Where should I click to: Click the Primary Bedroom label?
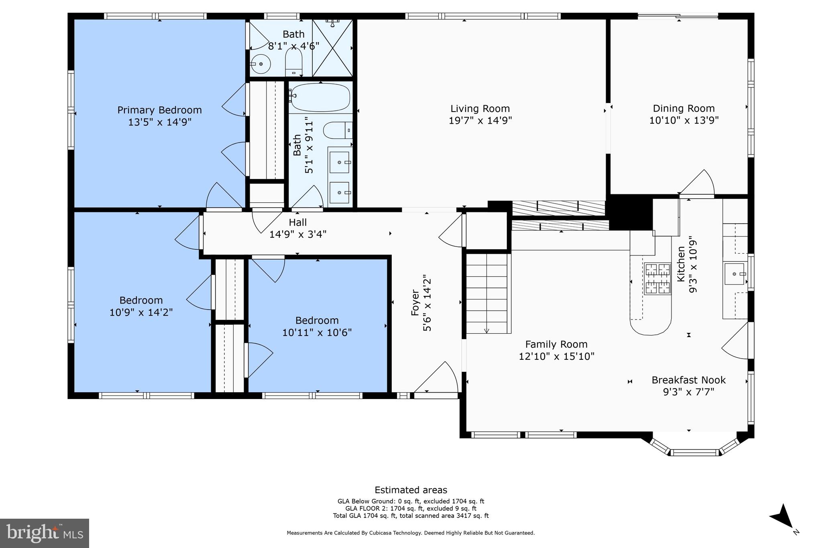tap(159, 110)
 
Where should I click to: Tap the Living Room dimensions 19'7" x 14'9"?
tap(480, 120)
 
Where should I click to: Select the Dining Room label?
tap(684, 108)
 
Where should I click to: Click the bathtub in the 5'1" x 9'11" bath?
tap(320, 98)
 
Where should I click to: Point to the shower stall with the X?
tap(332, 48)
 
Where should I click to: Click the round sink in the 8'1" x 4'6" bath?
tap(261, 64)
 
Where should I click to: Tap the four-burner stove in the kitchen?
tap(657, 279)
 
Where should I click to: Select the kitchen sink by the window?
tap(734, 274)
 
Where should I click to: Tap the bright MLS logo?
tap(45, 533)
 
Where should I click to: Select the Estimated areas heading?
tap(411, 490)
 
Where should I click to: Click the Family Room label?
tap(556, 344)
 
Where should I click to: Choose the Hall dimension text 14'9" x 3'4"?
tap(297, 234)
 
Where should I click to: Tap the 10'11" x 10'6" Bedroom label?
tap(317, 320)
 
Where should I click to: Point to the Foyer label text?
tap(415, 303)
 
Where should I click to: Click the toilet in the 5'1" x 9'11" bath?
tap(337, 130)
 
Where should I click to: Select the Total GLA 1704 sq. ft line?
tap(411, 516)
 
